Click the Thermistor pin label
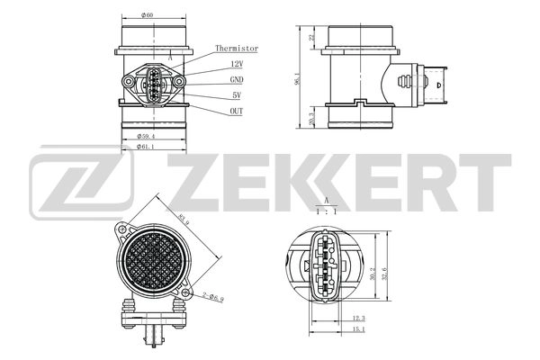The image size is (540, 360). coord(237,49)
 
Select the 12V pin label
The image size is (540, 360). coord(237,65)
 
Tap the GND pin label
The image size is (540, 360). coord(237,80)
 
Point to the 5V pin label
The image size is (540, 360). coord(236,94)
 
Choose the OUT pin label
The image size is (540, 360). coord(237,111)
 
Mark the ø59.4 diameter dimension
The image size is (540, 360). coord(148,136)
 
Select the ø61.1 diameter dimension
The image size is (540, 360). coord(148,146)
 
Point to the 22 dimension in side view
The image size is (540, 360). coord(311,38)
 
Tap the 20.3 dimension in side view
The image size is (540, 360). coord(311,119)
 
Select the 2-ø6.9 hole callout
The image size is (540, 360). coord(212,295)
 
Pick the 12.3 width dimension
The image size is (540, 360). coord(358,318)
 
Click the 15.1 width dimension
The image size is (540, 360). coord(358,329)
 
